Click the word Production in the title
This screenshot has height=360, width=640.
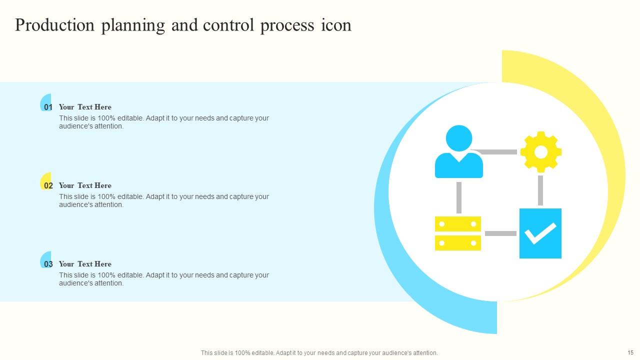(55, 25)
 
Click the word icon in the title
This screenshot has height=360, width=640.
(336, 25)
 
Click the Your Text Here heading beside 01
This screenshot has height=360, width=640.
(85, 107)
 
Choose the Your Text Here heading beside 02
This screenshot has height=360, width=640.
(85, 185)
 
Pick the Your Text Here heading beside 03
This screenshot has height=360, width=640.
(85, 264)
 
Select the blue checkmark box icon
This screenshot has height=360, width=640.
(540, 233)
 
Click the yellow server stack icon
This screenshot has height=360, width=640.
(458, 233)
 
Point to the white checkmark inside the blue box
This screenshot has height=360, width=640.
(540, 233)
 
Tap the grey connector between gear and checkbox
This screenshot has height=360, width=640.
(540, 190)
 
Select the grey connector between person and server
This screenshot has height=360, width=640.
(458, 197)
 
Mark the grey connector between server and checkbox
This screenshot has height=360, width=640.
(500, 233)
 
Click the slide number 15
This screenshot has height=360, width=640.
(630, 352)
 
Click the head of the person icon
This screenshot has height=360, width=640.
(458, 138)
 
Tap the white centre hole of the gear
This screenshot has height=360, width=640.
(540, 151)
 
